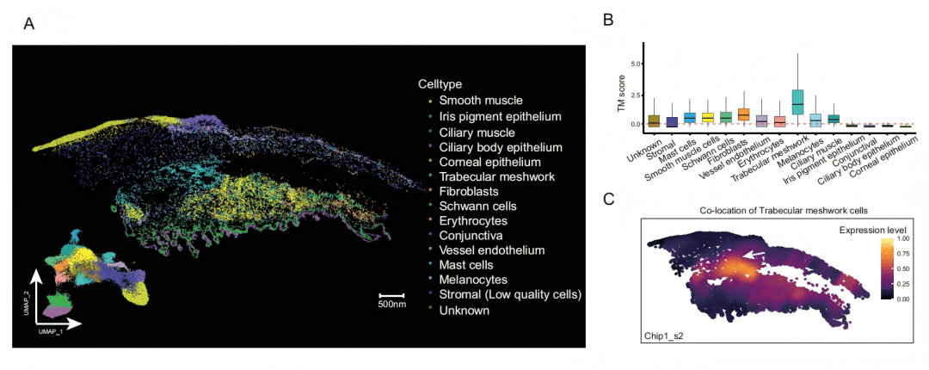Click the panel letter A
click(28, 24)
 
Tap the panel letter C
click(608, 199)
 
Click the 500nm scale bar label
click(392, 304)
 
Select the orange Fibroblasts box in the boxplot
click(743, 114)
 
